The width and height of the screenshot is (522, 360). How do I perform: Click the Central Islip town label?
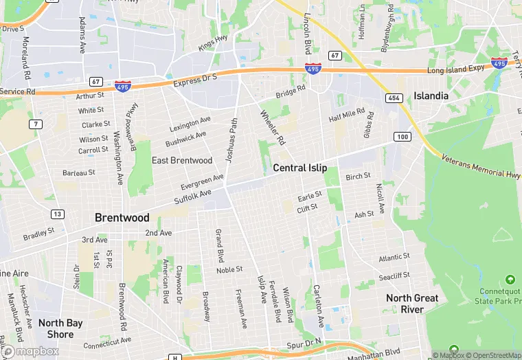299,168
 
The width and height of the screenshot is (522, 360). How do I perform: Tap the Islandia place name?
431,95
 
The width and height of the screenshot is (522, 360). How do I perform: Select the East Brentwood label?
181,160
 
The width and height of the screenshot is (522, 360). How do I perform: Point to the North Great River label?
412,303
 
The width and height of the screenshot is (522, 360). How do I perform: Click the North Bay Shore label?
60,328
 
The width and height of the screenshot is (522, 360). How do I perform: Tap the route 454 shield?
394,99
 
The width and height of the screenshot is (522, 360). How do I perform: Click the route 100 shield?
402,137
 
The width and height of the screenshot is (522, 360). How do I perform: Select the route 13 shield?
58,214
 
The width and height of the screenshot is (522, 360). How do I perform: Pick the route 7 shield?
34,124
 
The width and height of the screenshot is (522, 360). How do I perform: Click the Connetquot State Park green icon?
510,280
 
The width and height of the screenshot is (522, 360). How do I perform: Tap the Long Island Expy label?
455,69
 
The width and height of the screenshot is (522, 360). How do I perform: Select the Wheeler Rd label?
272,127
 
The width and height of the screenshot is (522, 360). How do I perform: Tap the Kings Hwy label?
213,43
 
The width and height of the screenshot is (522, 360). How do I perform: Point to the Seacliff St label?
394,275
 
